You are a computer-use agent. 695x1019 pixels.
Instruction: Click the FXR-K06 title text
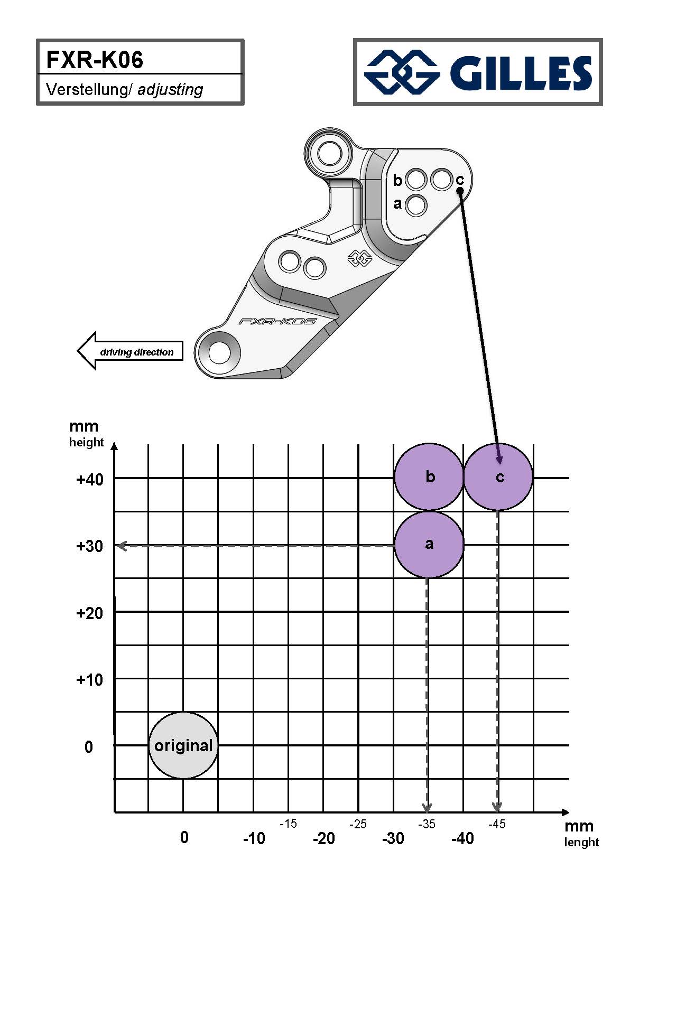point(95,60)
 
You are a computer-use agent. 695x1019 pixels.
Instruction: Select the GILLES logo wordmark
point(520,72)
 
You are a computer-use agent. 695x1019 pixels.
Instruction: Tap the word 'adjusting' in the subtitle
point(170,89)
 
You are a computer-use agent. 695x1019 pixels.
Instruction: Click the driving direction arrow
point(130,351)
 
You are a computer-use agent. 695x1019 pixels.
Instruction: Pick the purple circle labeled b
point(429,477)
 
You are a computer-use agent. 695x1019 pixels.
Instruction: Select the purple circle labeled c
point(498,477)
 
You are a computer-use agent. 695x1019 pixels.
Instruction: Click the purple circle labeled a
point(429,544)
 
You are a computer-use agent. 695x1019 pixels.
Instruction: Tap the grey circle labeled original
point(183,745)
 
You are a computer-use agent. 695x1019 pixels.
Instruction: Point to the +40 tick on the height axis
point(90,480)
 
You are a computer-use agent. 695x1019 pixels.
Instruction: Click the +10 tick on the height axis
point(90,680)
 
